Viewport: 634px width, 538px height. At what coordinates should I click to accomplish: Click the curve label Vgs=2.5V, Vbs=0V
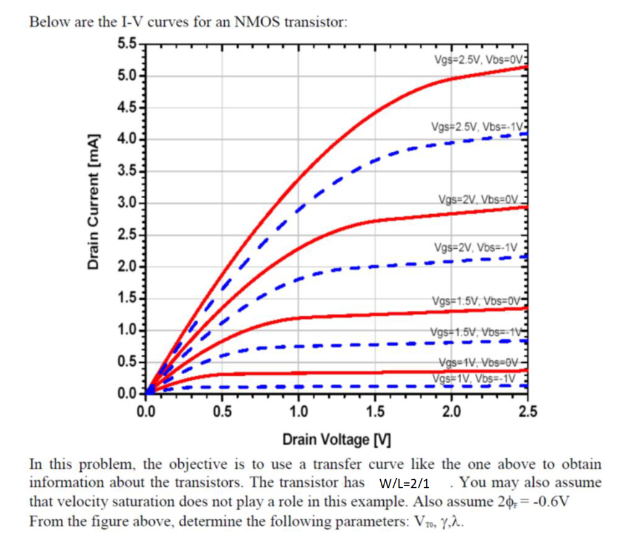(x=480, y=59)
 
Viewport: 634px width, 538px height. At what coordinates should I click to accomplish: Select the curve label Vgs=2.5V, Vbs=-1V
(x=479, y=127)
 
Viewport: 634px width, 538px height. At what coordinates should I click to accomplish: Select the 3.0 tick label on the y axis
(x=128, y=204)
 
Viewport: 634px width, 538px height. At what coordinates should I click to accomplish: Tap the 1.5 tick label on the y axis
(x=128, y=300)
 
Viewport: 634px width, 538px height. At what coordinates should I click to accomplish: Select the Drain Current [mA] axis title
(x=93, y=201)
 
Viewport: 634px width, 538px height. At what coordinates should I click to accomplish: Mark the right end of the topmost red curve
(x=526, y=66)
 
